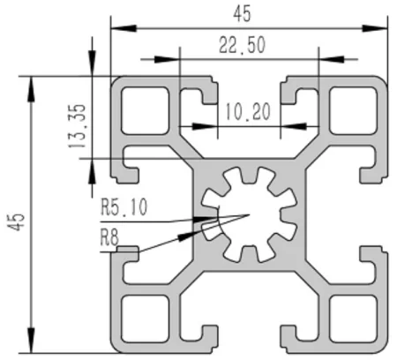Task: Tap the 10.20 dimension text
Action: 247,112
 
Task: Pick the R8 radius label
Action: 109,236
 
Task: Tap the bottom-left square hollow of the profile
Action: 142,316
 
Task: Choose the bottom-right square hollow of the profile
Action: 348,316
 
